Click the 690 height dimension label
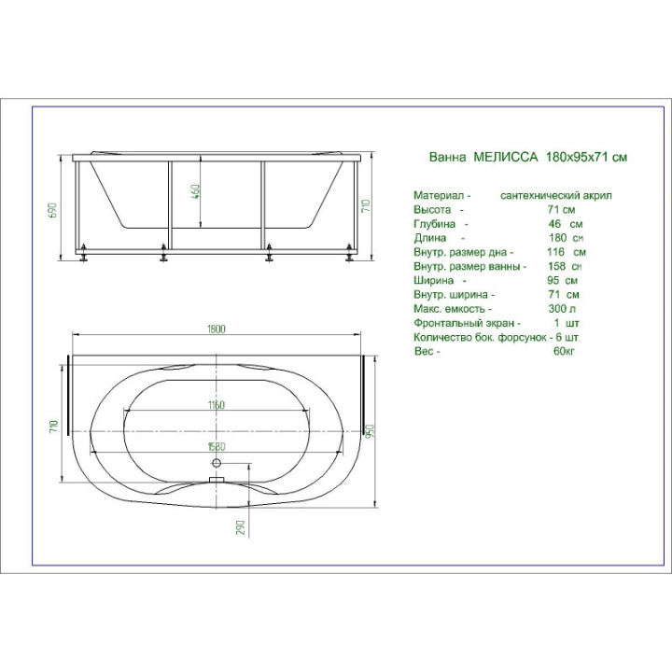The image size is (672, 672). (52, 210)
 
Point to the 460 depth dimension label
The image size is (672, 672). (195, 193)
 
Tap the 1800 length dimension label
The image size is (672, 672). (216, 329)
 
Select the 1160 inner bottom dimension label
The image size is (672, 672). (216, 405)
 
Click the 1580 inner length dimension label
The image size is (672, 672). (217, 446)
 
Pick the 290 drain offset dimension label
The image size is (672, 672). (241, 527)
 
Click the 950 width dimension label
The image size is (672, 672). (370, 430)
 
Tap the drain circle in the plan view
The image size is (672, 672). (217, 462)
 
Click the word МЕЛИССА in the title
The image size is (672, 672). (505, 157)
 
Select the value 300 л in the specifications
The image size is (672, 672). (562, 309)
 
